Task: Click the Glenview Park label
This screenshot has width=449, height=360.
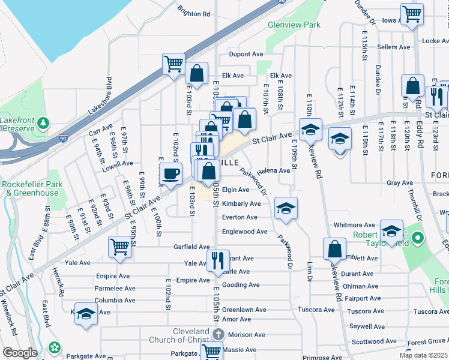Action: click(x=295, y=25)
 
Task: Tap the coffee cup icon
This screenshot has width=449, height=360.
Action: click(x=170, y=175)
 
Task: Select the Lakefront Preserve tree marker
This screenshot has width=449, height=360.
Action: click(x=43, y=124)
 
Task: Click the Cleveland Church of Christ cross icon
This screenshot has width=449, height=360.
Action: click(x=217, y=334)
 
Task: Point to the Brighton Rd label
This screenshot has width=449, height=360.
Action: click(x=194, y=13)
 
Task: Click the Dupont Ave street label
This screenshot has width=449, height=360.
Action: click(x=246, y=54)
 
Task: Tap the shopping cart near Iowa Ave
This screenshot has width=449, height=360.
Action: click(x=412, y=14)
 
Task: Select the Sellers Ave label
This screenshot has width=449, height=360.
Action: click(x=394, y=47)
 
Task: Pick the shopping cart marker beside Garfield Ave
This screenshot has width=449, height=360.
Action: click(x=119, y=246)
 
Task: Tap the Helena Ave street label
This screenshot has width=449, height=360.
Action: click(x=276, y=170)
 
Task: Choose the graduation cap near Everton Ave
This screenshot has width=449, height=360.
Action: click(x=286, y=208)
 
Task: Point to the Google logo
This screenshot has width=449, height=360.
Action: click(x=20, y=353)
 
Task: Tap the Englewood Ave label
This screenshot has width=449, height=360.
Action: click(x=244, y=232)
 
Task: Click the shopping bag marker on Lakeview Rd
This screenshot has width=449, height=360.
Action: click(x=334, y=248)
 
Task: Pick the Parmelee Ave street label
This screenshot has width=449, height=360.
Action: click(x=115, y=288)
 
